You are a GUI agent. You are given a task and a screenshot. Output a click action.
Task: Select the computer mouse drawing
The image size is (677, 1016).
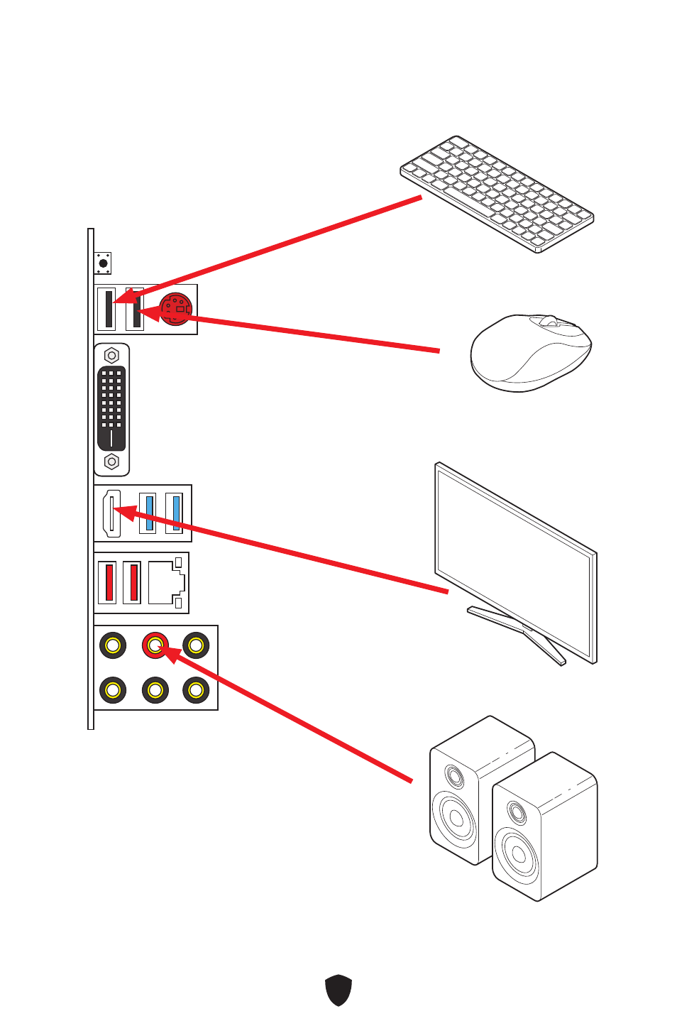[530, 353]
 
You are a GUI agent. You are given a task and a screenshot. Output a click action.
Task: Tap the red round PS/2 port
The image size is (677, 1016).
[176, 309]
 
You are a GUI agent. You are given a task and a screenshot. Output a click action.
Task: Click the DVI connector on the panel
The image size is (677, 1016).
[111, 409]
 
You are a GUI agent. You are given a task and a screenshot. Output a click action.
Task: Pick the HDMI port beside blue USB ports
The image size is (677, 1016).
[111, 513]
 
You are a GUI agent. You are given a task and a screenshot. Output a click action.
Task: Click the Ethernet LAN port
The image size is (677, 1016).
[165, 583]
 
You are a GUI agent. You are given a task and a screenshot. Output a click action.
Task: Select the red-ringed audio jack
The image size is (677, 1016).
[155, 645]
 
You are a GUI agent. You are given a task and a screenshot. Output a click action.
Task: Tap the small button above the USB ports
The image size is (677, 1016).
[103, 263]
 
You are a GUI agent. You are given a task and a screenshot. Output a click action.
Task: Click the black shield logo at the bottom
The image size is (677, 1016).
[338, 990]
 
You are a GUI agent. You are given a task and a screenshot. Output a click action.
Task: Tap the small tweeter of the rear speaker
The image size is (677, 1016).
[454, 776]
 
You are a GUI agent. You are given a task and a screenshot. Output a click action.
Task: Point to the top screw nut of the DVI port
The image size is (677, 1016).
[111, 356]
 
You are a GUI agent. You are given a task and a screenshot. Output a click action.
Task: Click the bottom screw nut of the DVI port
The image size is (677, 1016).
[111, 461]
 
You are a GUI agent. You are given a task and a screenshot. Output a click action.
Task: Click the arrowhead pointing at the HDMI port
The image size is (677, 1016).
[123, 510]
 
